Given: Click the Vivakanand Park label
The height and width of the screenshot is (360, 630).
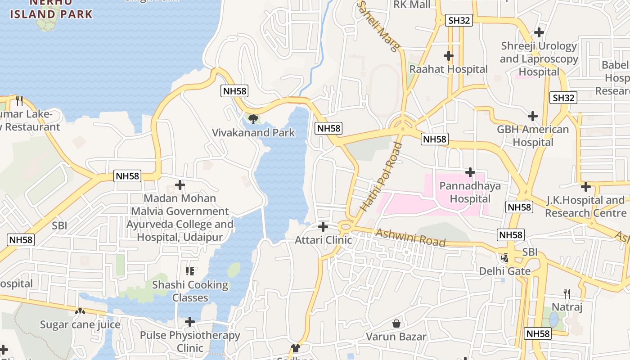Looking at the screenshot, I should tap(253, 132).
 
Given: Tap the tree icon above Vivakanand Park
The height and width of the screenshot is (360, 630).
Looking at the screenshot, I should tap(253, 119).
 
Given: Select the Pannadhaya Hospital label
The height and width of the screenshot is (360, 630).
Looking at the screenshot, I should tap(470, 192).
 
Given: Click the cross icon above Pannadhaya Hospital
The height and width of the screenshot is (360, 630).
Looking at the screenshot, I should tap(470, 172).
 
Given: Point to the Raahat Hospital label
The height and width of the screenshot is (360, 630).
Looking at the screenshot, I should tap(448, 69).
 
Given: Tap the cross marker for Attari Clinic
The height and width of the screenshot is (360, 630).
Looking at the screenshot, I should tap(323, 226).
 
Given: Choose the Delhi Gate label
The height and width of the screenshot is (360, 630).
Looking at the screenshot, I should tap(504, 271).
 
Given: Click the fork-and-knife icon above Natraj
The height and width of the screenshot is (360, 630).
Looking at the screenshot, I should tap(567, 294).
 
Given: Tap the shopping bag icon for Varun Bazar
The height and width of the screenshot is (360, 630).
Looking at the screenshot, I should tap(396, 323).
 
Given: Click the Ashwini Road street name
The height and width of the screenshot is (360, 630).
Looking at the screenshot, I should tap(410, 238).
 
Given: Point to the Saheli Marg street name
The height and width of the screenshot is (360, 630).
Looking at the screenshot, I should tap(378, 26).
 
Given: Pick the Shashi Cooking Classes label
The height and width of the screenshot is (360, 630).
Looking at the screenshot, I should tap(190, 291).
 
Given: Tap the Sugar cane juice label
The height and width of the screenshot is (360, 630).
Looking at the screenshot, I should tap(80, 324).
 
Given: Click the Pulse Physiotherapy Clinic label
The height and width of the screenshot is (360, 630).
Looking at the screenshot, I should tap(190, 342).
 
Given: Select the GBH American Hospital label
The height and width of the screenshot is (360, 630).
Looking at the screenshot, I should tap(533, 136).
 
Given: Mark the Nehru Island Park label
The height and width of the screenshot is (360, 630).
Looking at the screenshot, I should tap(51, 9).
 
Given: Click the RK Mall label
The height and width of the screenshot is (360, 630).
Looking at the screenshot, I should tap(412, 4).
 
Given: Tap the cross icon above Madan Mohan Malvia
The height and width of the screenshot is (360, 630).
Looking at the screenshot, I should tap(180, 185).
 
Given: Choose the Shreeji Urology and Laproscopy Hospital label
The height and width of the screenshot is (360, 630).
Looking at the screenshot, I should tap(539, 59).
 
